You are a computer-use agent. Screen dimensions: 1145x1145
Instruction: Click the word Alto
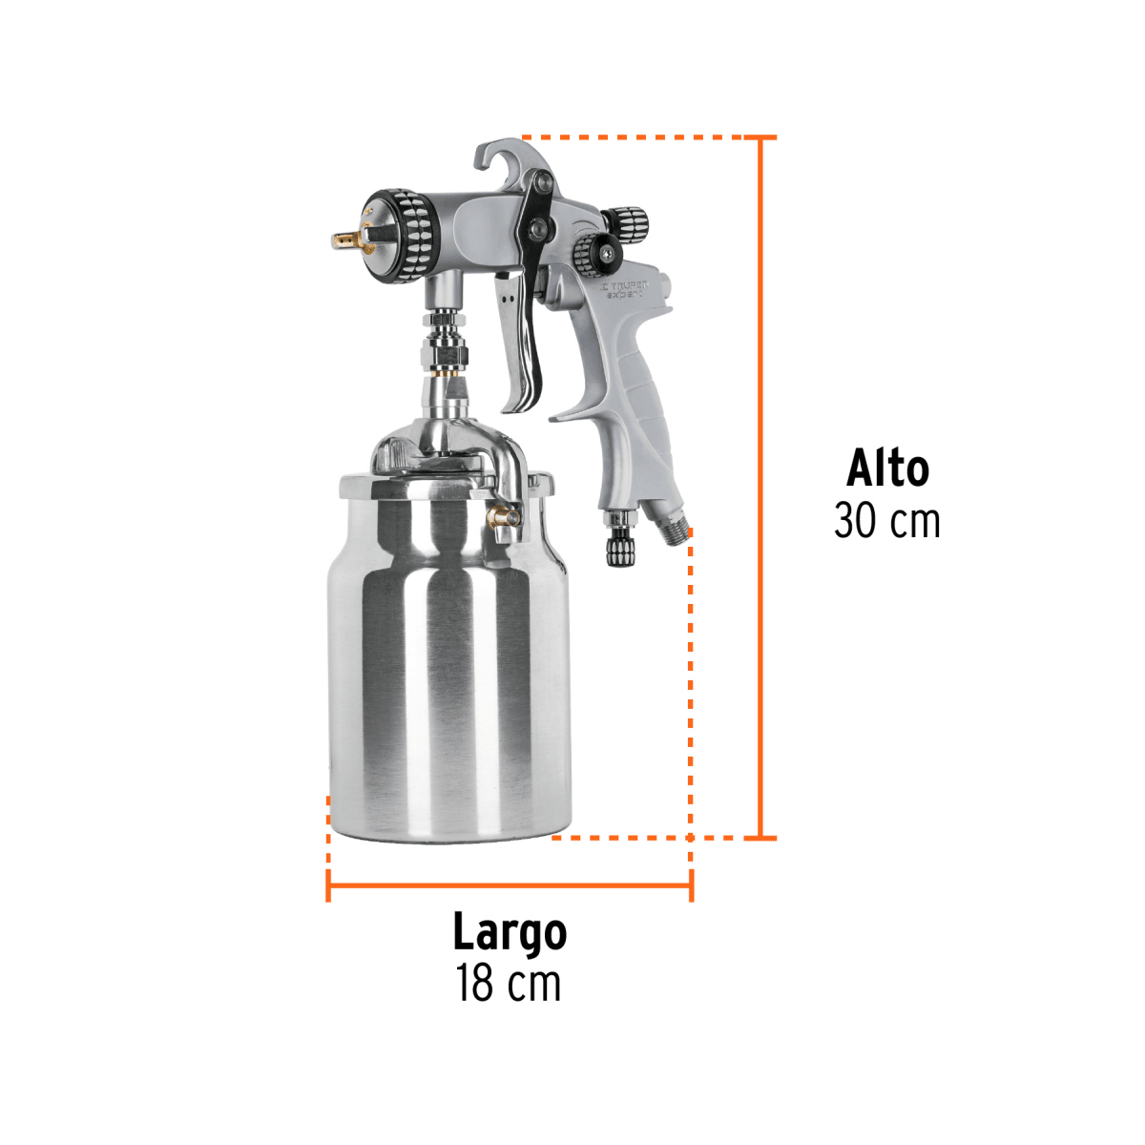tap(887, 468)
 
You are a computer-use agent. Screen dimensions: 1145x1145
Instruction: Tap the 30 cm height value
tap(887, 521)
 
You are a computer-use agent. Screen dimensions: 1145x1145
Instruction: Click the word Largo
tap(510, 932)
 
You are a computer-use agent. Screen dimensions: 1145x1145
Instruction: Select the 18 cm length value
tap(509, 984)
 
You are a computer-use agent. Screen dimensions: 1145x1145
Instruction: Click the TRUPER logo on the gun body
tap(624, 285)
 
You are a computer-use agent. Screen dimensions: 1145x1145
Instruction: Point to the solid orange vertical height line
tap(760, 487)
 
